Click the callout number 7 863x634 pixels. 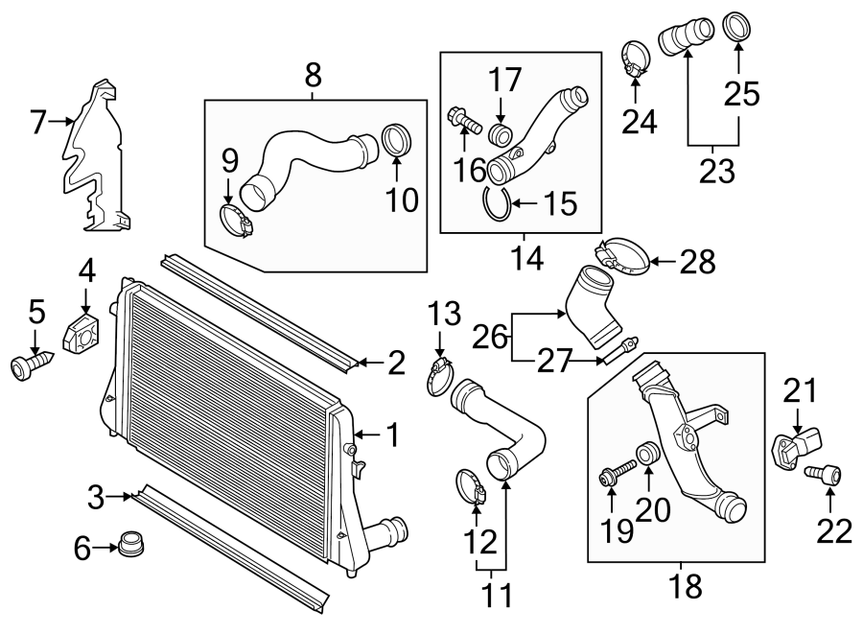pos(38,121)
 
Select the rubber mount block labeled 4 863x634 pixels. pos(82,332)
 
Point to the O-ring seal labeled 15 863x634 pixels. pos(496,205)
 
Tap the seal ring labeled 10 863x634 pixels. pos(397,141)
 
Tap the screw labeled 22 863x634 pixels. pos(826,474)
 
